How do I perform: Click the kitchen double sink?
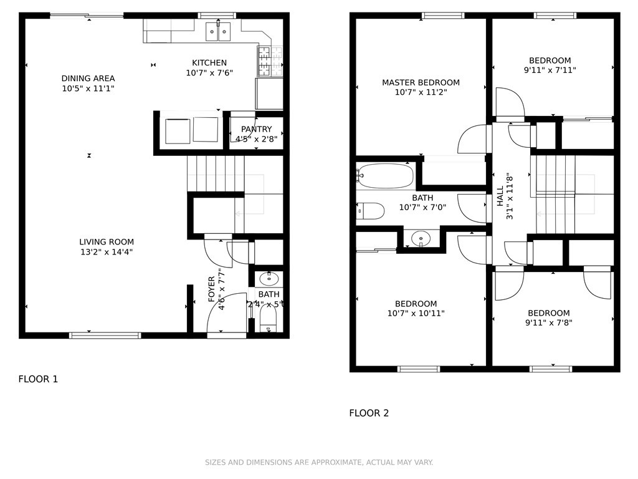218,32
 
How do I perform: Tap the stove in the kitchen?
270,61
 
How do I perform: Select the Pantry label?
256,129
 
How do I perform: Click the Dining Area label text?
88,78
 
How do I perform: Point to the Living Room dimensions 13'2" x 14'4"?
107,252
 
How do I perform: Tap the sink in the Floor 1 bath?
269,279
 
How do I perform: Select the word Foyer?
212,289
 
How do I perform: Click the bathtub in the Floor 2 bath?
385,176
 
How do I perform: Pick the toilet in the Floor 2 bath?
370,211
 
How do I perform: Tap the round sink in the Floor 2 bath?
421,238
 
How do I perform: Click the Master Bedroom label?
421,82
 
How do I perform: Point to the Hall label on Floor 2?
500,196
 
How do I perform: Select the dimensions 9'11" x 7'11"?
550,70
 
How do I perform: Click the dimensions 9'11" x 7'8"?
549,322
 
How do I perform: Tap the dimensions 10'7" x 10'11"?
416,313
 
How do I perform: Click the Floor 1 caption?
38,379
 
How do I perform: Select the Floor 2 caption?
369,413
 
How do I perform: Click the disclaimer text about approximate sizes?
319,462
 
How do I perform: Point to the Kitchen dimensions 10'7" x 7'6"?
209,73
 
